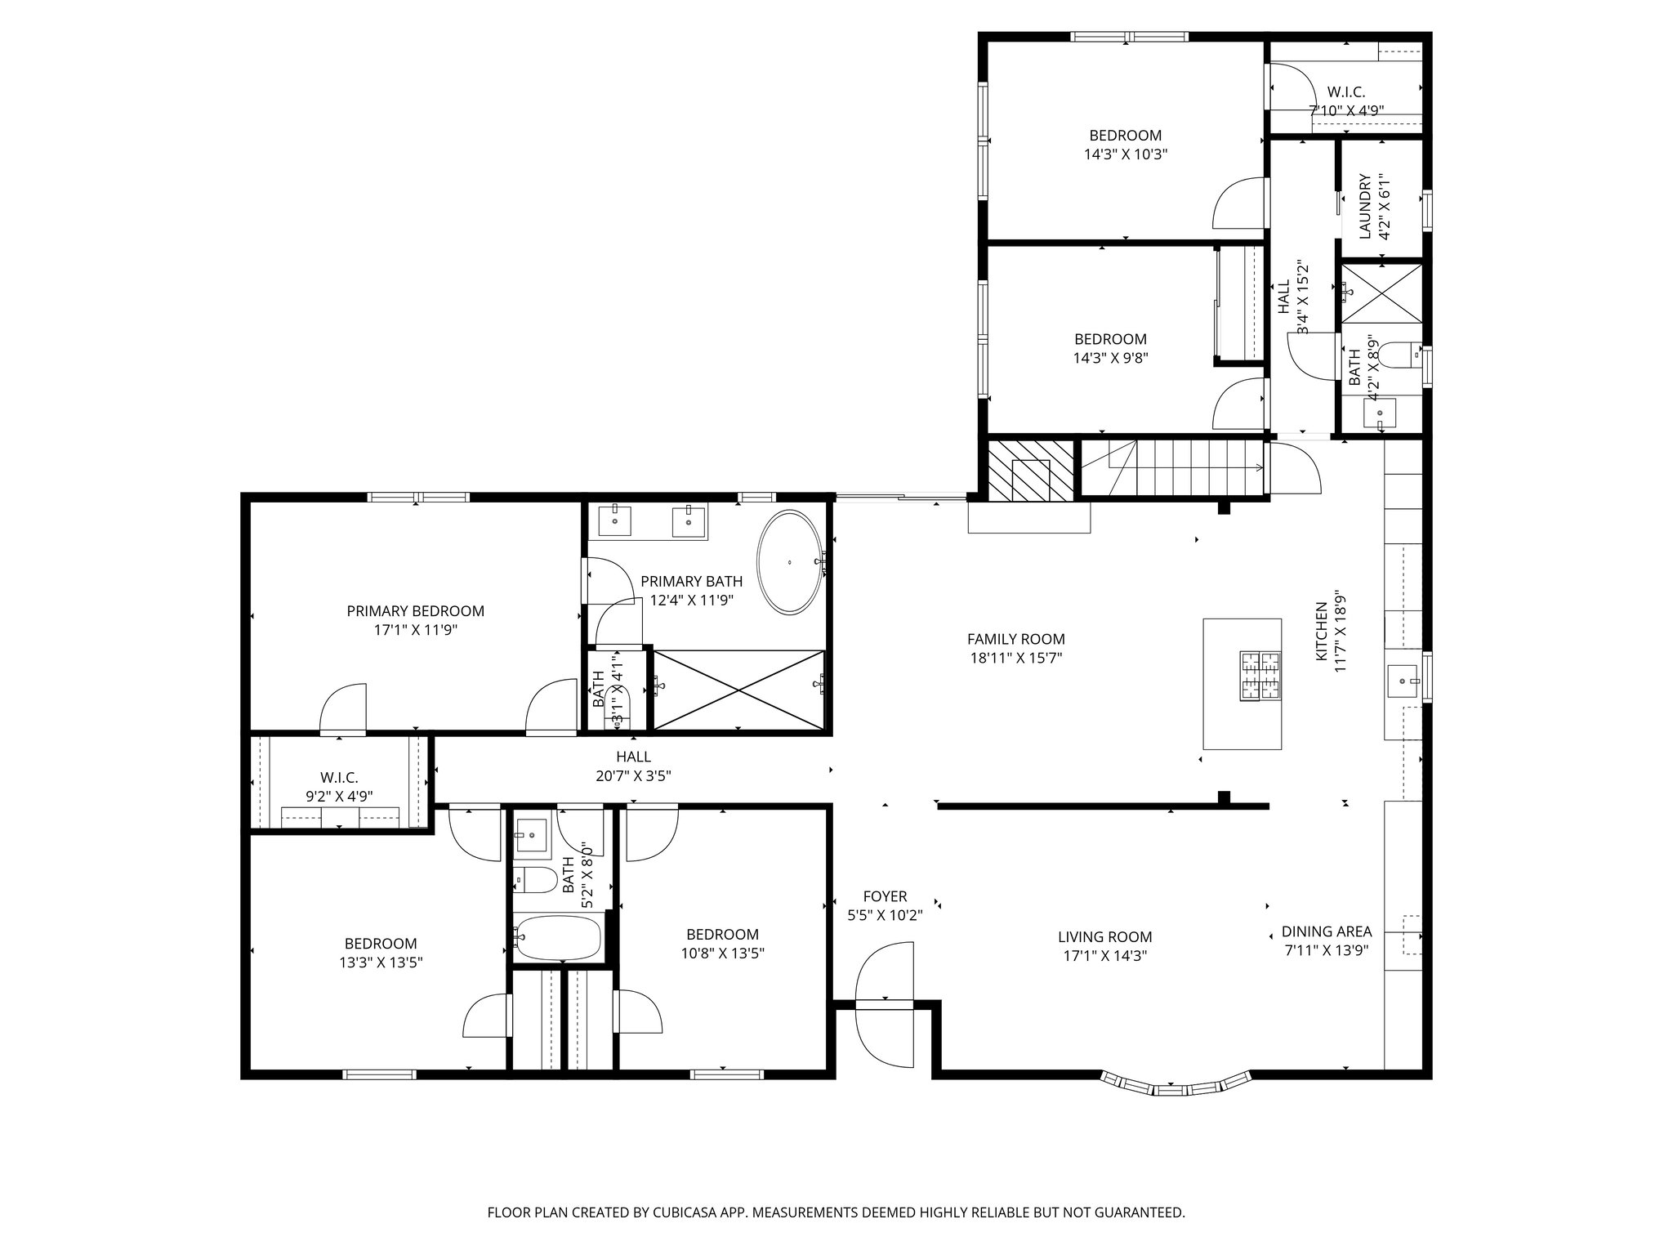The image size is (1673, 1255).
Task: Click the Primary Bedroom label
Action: coord(415,611)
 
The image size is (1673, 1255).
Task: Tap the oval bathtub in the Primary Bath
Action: coord(789,562)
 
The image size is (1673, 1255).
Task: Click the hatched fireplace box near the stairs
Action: coord(1029,471)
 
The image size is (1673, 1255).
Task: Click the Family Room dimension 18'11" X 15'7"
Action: coord(1015,658)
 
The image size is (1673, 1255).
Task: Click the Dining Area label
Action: coord(1326,931)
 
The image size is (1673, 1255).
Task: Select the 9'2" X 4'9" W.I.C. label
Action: coord(339,796)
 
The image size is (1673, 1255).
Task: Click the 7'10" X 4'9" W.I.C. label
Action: coord(1345,110)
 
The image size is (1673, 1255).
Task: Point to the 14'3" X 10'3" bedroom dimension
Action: coord(1125,154)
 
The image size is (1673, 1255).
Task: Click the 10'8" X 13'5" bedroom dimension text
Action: coord(722,953)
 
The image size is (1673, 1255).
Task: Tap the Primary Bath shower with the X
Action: coord(738,690)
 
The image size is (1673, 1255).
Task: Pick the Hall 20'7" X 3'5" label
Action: coord(633,776)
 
